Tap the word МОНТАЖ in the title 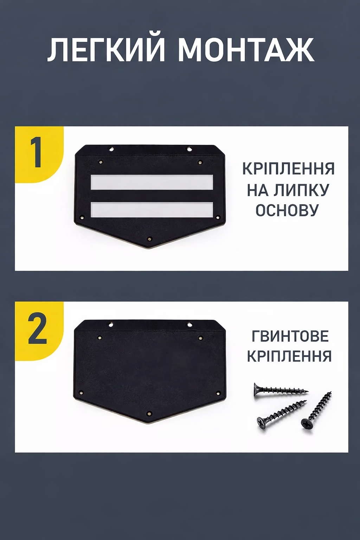246,50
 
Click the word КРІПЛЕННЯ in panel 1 288,169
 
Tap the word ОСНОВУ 286,210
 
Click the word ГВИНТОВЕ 290,336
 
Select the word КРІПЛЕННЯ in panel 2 289,356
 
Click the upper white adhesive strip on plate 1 152,182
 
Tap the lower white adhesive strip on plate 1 152,210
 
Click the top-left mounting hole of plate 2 111,324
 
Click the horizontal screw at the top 281,390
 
